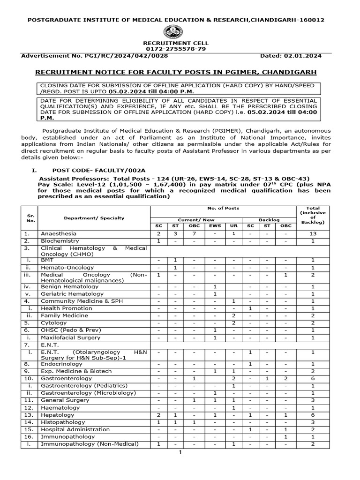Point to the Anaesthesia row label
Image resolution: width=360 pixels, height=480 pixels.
click(x=59, y=233)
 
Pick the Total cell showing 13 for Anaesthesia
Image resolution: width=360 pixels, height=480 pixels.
click(x=313, y=233)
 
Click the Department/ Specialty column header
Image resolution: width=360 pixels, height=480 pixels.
click(x=94, y=218)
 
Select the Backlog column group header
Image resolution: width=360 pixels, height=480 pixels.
click(x=269, y=219)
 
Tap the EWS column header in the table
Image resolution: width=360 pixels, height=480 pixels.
click(x=214, y=226)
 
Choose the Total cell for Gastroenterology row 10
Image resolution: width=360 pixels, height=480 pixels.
click(x=313, y=378)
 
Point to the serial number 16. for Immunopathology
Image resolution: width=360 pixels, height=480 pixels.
click(x=28, y=437)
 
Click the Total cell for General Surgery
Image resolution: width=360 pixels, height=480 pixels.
click(x=313, y=400)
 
